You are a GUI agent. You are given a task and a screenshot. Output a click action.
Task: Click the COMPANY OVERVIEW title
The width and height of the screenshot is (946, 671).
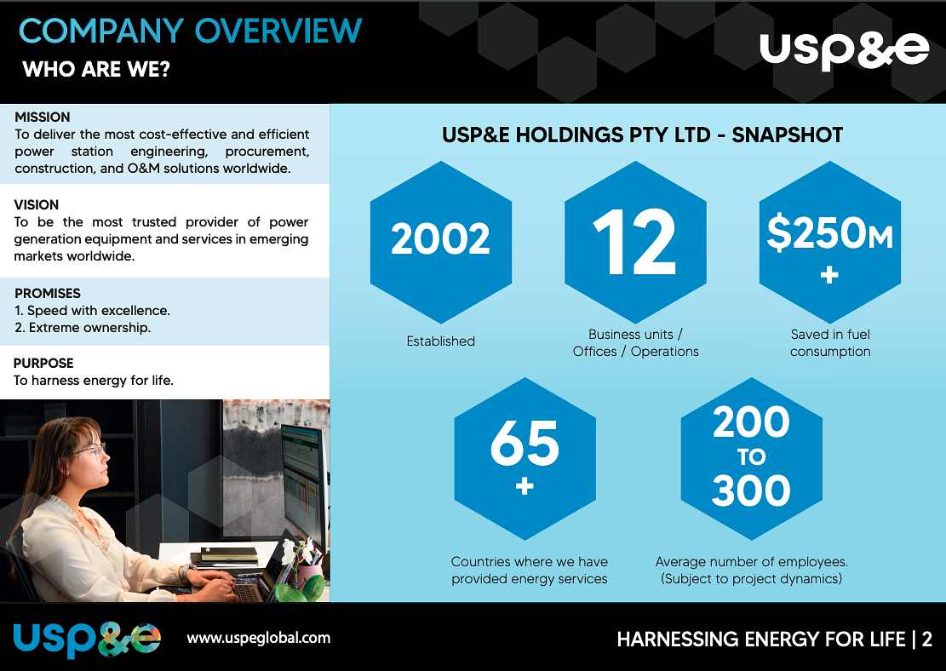click(x=190, y=31)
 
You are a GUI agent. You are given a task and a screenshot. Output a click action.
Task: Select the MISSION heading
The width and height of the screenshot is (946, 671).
click(x=43, y=117)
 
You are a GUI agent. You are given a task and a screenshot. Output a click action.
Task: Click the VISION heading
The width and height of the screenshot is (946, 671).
click(x=37, y=204)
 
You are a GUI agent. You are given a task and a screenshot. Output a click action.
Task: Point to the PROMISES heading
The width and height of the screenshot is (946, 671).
click(x=48, y=293)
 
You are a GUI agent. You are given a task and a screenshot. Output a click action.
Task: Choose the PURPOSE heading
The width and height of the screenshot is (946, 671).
click(x=43, y=363)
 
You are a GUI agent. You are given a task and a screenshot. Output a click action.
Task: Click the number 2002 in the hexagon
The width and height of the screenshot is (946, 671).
click(x=440, y=239)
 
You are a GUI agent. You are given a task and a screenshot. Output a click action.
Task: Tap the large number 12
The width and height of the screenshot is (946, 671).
click(x=635, y=241)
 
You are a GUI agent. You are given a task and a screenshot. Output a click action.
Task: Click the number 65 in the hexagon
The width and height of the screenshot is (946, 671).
click(x=525, y=444)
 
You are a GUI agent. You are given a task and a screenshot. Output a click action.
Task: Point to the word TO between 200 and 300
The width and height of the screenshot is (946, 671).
click(x=751, y=458)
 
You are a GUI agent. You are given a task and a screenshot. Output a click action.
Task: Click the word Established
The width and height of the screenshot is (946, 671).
click(x=440, y=341)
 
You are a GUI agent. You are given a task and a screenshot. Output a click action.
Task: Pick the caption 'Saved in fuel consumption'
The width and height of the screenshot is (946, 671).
click(x=830, y=342)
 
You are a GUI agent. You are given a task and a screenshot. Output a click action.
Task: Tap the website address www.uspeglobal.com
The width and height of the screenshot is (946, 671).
click(x=259, y=637)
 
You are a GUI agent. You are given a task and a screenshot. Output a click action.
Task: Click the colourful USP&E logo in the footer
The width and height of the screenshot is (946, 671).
click(x=87, y=639)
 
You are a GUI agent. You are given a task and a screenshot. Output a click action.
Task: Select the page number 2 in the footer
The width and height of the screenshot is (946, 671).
click(x=927, y=639)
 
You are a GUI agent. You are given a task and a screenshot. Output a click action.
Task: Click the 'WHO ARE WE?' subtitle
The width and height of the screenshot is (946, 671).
click(x=96, y=69)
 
